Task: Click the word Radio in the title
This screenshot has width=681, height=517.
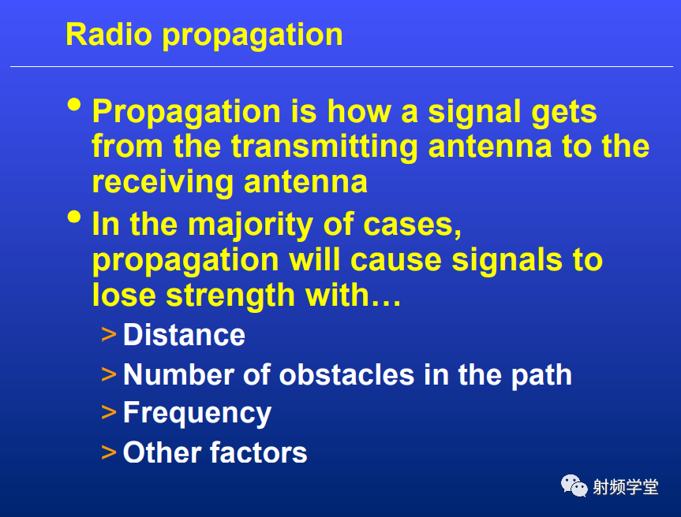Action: (109, 34)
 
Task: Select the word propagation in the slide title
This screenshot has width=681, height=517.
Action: (253, 36)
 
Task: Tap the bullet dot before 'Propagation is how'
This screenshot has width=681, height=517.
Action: (74, 105)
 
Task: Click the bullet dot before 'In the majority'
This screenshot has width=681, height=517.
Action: (74, 217)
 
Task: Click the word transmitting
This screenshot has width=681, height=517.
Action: (324, 148)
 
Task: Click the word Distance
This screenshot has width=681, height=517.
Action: (184, 335)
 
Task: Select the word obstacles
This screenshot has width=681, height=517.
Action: (346, 374)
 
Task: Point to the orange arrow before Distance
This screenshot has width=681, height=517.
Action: (109, 335)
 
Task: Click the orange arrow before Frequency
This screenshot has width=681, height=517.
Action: (109, 412)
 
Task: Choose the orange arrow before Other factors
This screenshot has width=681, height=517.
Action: (109, 452)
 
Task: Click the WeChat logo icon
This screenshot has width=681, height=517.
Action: (574, 485)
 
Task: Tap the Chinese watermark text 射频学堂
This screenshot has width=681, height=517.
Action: (626, 487)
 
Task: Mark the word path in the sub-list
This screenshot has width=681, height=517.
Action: (541, 376)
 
